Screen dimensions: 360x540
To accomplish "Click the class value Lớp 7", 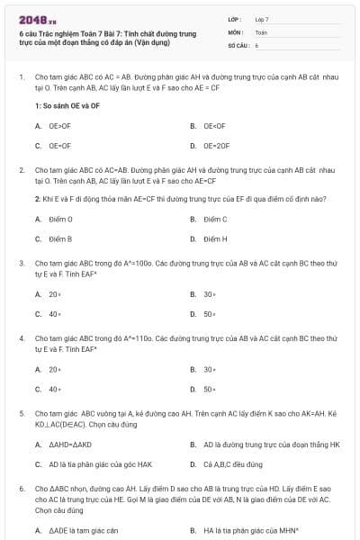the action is click(x=262, y=19).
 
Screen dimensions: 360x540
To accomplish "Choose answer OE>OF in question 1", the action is click(x=59, y=126).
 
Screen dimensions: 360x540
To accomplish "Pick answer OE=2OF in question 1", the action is click(x=215, y=145).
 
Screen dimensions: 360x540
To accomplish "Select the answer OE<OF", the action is click(x=213, y=126).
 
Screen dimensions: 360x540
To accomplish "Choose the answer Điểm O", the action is click(x=61, y=219).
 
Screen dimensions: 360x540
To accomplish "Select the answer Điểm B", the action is click(x=61, y=238).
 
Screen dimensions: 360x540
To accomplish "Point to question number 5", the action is click(x=21, y=412).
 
